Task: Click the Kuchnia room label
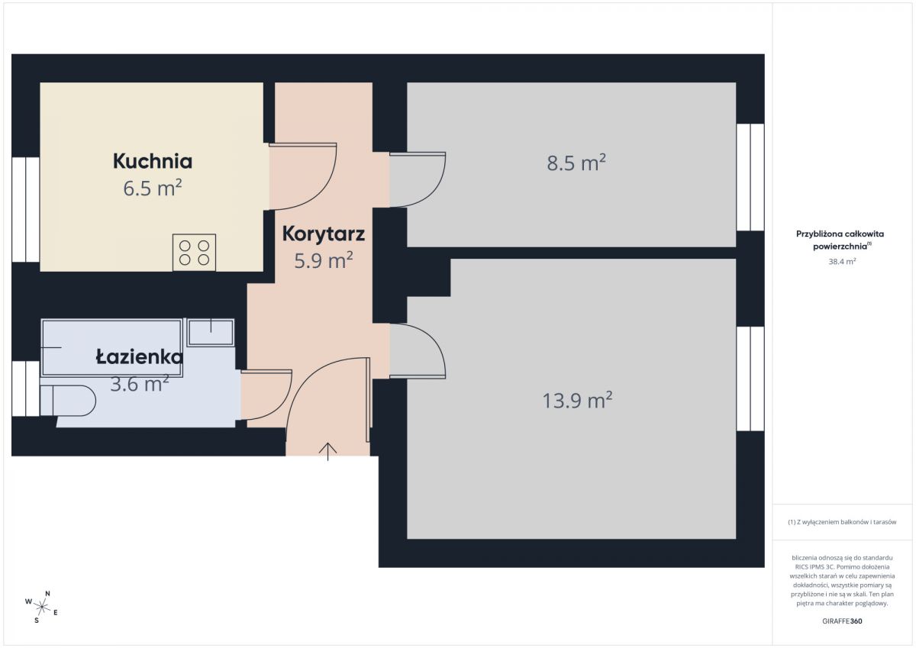153,161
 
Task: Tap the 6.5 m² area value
153,188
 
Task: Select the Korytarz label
324,234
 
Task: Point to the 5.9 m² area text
324,260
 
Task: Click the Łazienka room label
140,357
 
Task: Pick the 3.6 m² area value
140,384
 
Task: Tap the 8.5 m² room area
576,163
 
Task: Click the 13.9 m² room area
577,400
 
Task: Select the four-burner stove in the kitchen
194,252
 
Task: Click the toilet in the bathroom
68,401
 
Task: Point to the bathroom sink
211,333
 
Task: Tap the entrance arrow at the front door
328,452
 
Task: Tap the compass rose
42,607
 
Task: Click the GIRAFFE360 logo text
842,621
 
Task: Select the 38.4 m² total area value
842,261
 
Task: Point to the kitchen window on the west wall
26,209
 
